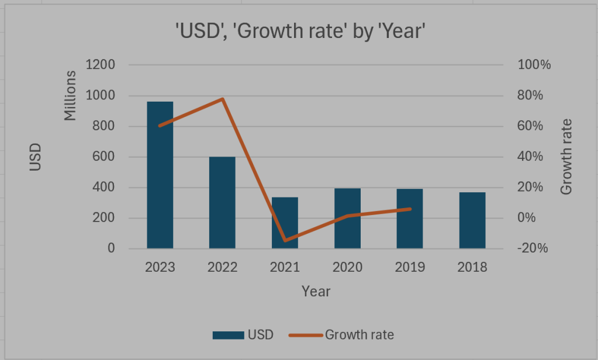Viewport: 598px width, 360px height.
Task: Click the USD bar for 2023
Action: [x=160, y=175]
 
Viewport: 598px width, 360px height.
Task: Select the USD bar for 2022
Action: [x=222, y=203]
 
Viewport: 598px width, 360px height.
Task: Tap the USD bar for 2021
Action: [x=285, y=223]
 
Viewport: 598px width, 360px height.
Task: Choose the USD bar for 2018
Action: [x=472, y=220]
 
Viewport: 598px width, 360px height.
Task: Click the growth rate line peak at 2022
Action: [x=222, y=99]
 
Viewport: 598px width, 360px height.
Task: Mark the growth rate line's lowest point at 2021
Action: [x=285, y=240]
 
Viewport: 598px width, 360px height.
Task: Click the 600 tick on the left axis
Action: [x=103, y=157]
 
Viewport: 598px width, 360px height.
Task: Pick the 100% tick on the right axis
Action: [x=534, y=65]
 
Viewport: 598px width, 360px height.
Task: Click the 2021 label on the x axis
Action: [x=285, y=268]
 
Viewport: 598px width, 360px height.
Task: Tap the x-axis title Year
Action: [x=316, y=290]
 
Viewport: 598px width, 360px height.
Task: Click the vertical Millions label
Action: [x=71, y=95]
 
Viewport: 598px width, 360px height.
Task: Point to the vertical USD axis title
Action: [x=36, y=157]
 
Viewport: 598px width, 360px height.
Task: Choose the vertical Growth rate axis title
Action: [x=565, y=157]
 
